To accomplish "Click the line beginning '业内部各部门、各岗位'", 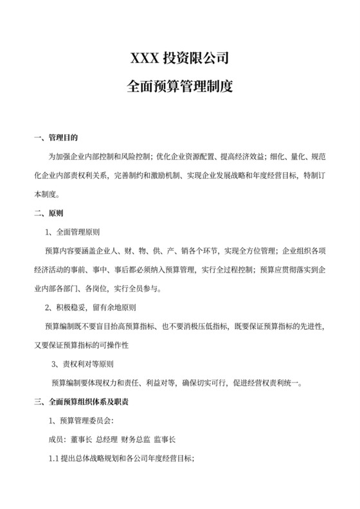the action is (x=93, y=288).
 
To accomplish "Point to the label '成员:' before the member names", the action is (x=58, y=440).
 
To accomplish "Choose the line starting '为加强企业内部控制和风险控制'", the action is (x=186, y=156).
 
